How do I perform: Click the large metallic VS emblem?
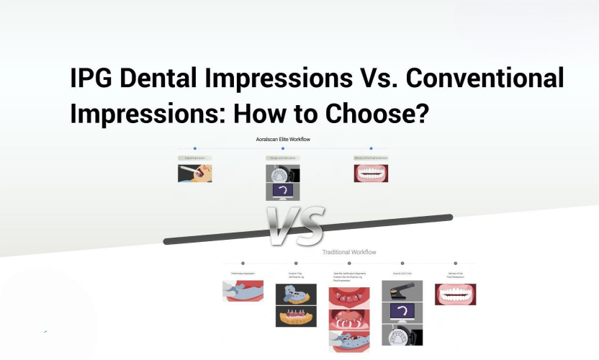coord(294,225)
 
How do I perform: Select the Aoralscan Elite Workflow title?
coord(283,139)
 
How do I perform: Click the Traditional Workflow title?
coord(349,252)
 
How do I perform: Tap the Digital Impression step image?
coord(194,173)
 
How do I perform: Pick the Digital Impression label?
coord(194,158)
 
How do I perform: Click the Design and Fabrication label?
coord(282,158)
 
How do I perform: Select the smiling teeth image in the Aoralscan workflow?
coord(371,173)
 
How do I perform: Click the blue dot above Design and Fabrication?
coord(283,148)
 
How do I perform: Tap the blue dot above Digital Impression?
coord(194,148)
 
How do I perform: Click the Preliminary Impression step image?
coord(243,291)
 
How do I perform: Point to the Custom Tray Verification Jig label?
coord(296,275)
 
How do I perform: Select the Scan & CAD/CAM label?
coord(402,274)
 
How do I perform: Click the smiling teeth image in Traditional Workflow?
coord(455,294)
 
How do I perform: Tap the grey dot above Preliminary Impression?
coord(243,264)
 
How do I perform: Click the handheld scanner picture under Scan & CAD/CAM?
coord(402,290)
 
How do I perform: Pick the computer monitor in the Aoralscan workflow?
coord(283,192)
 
